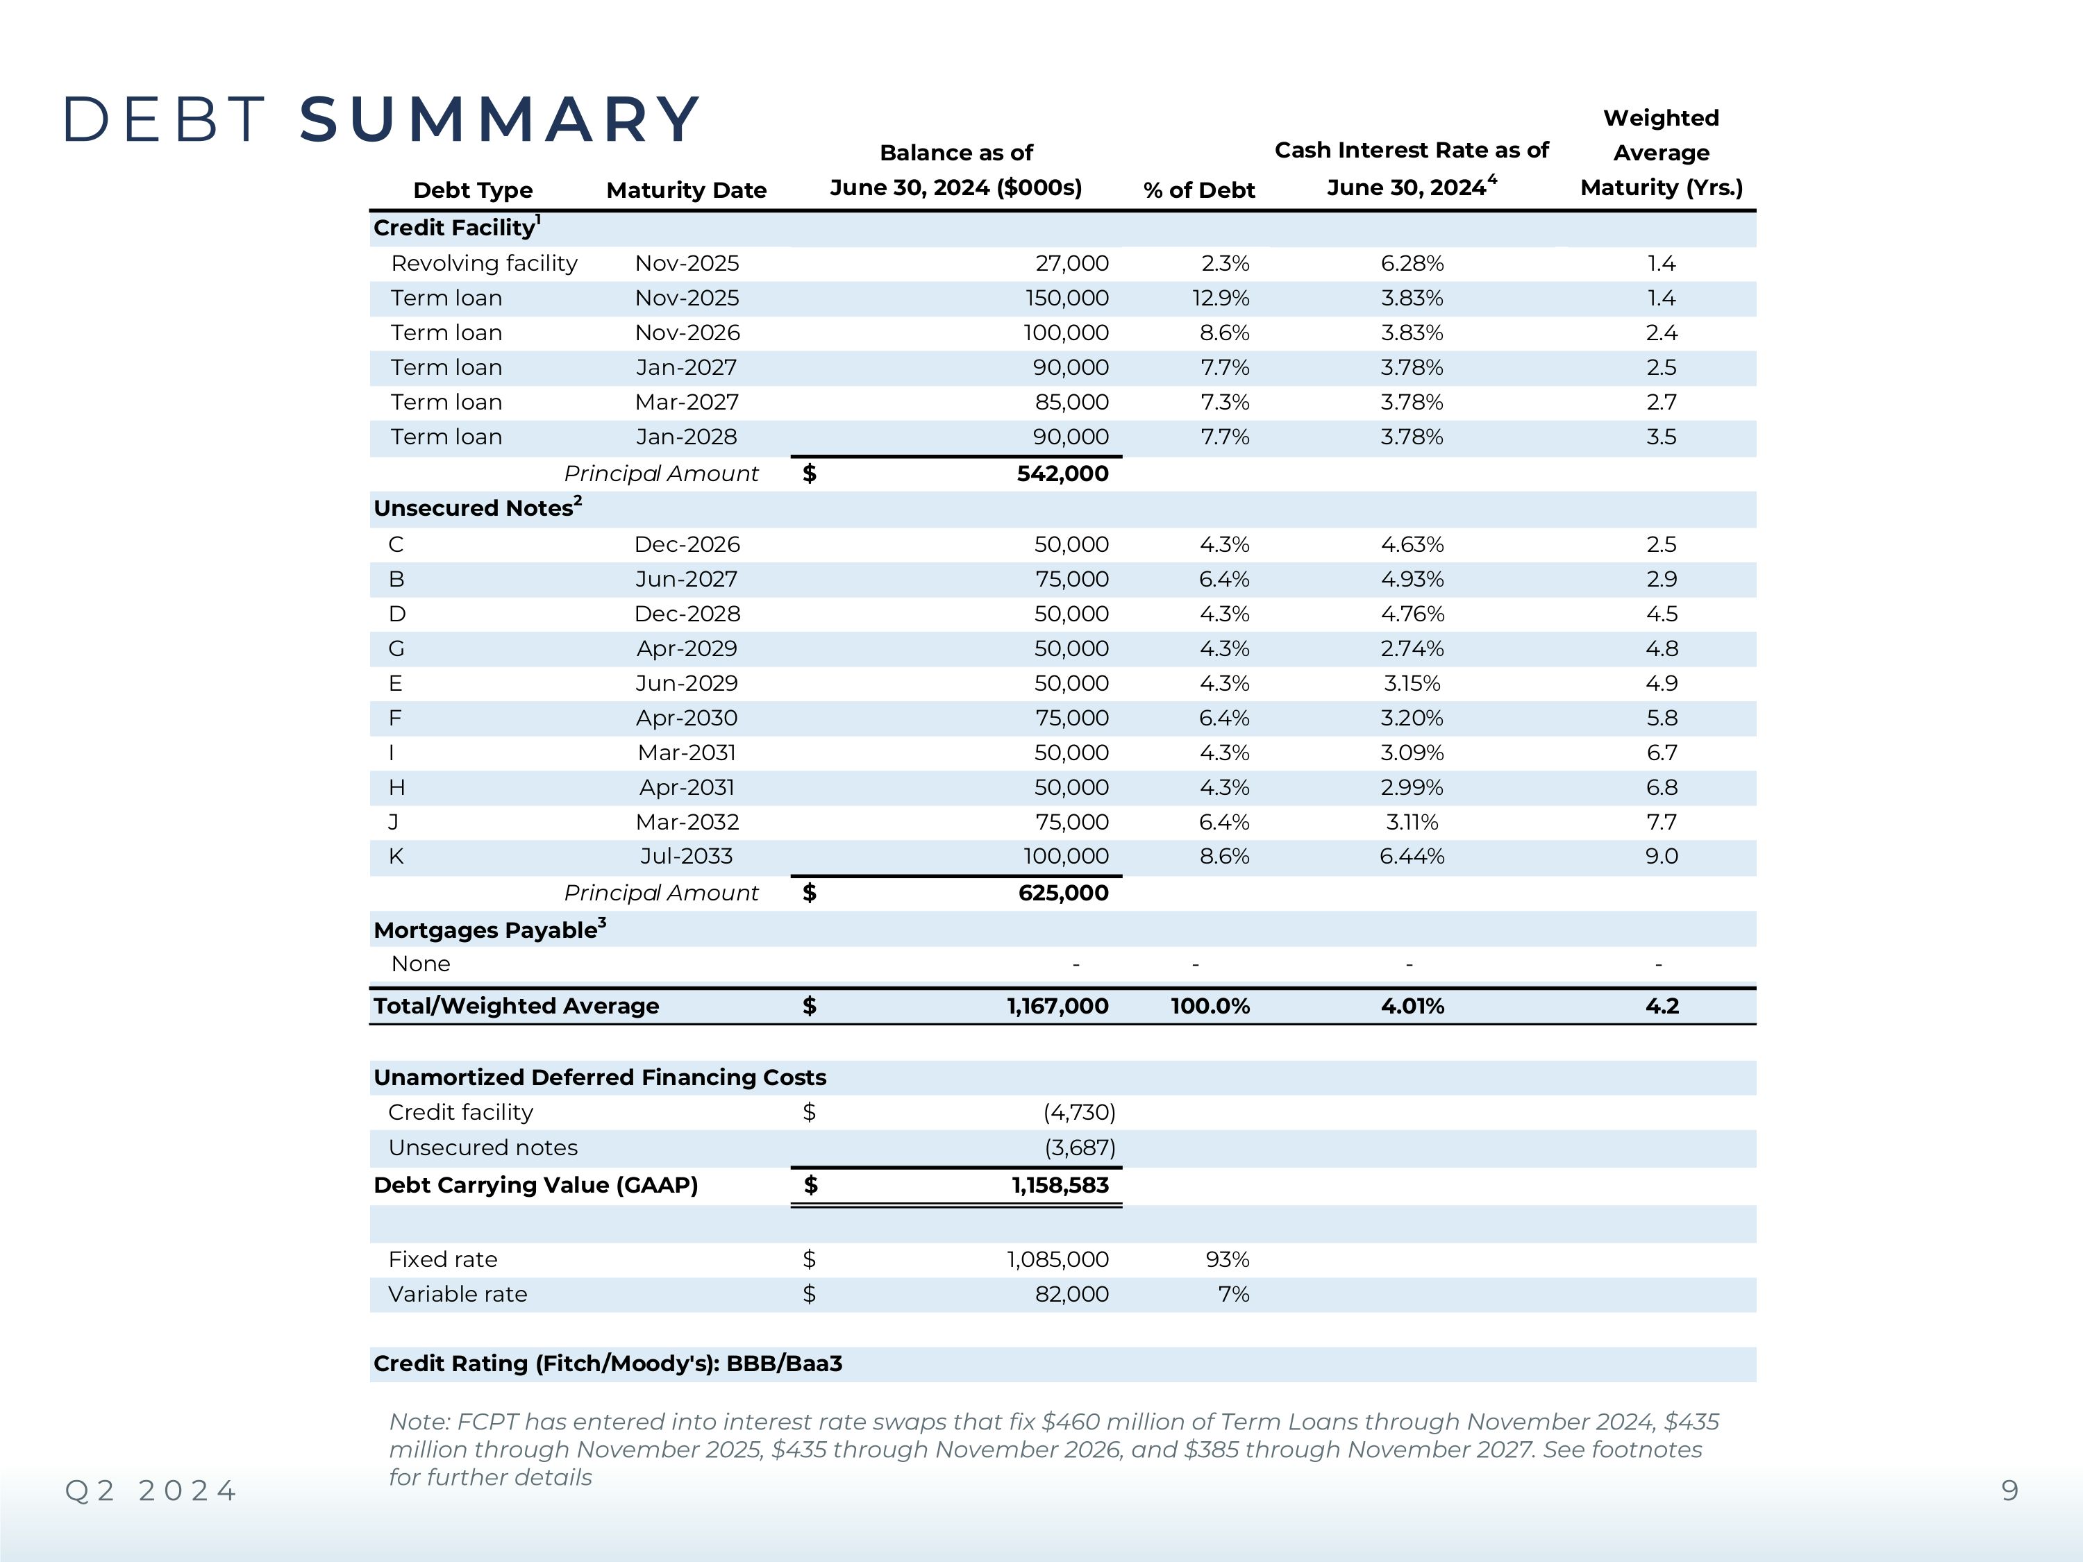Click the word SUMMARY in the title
click(x=499, y=121)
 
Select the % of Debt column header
click(x=1198, y=190)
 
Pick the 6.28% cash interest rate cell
click(x=1412, y=264)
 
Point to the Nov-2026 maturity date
click(x=687, y=333)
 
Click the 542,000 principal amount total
click(x=1062, y=473)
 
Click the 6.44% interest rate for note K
click(x=1412, y=857)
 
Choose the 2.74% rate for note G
click(x=1412, y=648)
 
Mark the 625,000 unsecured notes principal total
click(x=1063, y=893)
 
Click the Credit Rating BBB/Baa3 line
click(x=608, y=1364)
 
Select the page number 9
click(x=2009, y=1490)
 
